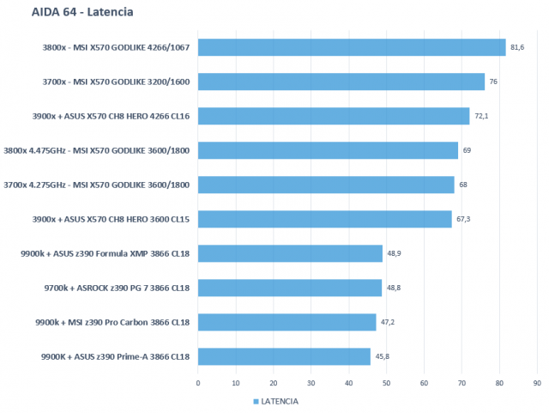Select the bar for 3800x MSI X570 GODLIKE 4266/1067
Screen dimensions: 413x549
point(352,47)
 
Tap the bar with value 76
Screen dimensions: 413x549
point(341,82)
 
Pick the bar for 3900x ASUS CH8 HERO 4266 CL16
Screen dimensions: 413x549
point(334,116)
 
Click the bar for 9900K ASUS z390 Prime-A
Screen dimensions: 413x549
point(284,356)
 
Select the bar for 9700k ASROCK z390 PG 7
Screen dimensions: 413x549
point(290,288)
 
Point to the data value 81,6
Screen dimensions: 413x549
point(517,47)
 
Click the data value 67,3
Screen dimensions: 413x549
point(463,219)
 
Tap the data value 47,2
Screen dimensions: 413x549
point(388,322)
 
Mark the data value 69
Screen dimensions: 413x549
point(468,150)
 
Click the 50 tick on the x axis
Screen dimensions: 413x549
point(386,383)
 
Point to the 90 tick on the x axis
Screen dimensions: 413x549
point(537,383)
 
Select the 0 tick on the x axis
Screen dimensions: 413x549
point(198,383)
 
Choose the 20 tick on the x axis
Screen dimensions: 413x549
point(273,383)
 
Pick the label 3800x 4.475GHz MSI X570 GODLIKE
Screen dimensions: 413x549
point(97,150)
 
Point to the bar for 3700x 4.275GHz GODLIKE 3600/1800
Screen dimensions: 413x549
point(326,185)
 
